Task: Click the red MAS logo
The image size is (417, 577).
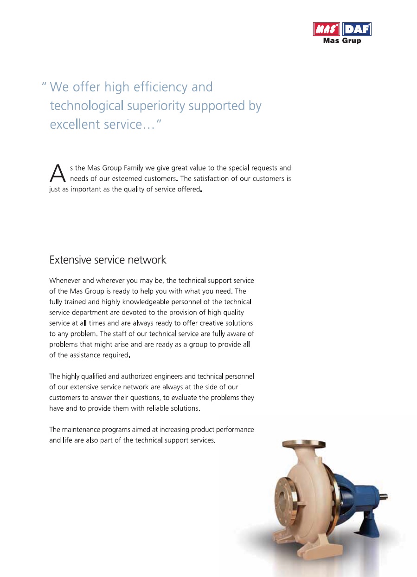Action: click(327, 30)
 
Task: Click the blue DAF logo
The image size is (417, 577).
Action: click(357, 30)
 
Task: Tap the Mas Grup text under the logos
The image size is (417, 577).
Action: click(342, 40)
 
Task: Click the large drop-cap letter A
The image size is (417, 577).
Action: click(56, 174)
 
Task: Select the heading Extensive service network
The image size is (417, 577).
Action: click(108, 260)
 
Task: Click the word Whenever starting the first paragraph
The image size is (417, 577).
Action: click(65, 281)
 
